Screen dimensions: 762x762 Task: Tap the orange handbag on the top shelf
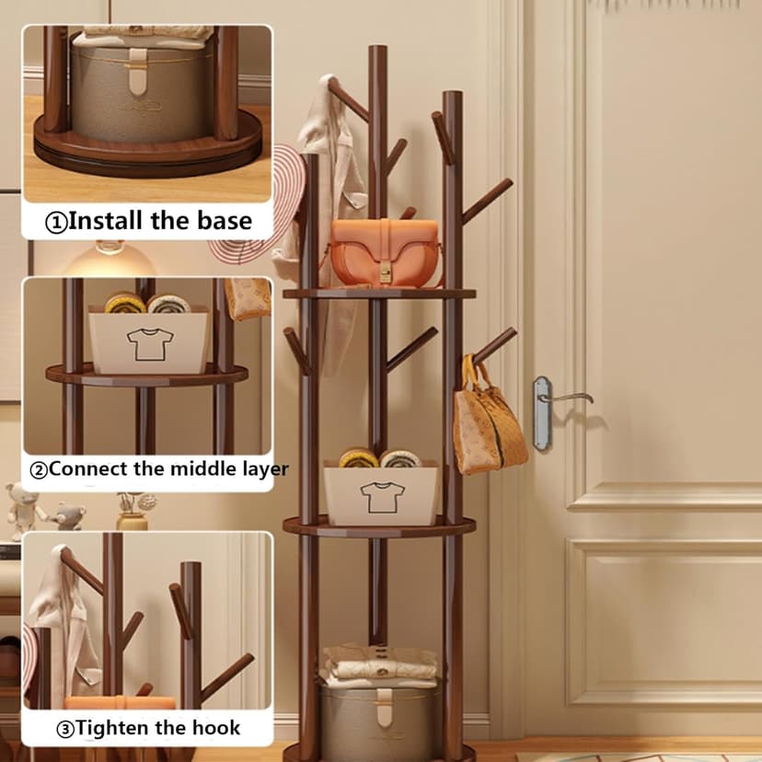tap(384, 252)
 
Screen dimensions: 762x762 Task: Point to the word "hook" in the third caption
tap(216, 728)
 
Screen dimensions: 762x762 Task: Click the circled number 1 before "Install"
tap(56, 223)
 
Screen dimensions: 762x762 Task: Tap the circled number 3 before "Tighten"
tap(65, 729)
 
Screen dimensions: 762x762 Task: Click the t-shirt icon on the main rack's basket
tap(382, 497)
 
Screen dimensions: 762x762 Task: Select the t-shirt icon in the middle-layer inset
tap(150, 344)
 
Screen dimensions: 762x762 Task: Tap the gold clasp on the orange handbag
tap(385, 273)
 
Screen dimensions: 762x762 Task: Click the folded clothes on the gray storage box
tap(379, 664)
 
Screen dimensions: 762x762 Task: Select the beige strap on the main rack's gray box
tap(384, 707)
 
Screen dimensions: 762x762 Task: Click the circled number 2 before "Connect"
tap(39, 470)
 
